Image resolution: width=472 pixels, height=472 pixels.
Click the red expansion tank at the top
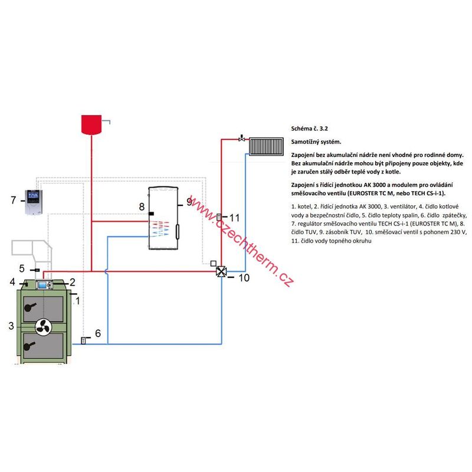tap(91, 124)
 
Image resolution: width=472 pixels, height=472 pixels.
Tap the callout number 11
tap(234, 217)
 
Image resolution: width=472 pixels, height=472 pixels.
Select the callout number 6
tap(98, 333)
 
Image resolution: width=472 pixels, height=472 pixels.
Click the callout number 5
tap(22, 268)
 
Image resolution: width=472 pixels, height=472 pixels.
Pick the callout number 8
tap(142, 206)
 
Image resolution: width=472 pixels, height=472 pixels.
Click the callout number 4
tap(12, 282)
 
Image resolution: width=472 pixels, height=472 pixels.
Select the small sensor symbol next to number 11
tap(219, 217)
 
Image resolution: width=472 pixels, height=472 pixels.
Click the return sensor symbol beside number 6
tap(83, 340)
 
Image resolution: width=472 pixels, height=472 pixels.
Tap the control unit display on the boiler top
tap(45, 285)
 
